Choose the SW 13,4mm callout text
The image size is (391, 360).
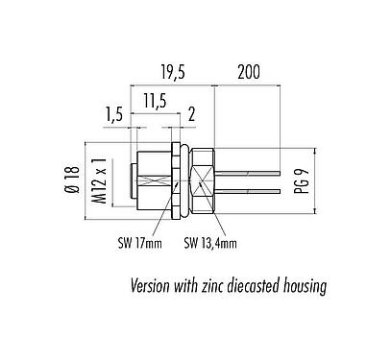point(209,242)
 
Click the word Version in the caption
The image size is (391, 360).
point(154,285)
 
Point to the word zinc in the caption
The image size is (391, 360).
point(221,285)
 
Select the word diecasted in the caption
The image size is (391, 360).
point(270,285)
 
